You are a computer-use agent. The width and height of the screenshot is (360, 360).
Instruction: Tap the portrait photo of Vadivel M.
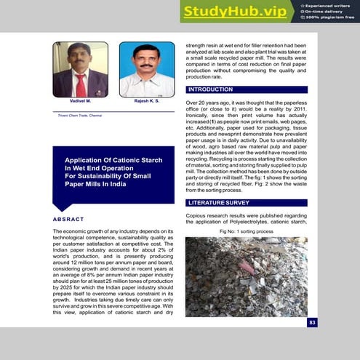point(81,70)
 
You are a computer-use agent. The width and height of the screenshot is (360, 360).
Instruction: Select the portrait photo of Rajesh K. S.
point(146,70)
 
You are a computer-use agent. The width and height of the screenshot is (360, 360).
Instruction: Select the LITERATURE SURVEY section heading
point(218,202)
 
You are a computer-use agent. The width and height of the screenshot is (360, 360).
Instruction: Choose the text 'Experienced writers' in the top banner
point(332,5)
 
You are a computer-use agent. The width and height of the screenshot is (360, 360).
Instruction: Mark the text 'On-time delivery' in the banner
point(328,11)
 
